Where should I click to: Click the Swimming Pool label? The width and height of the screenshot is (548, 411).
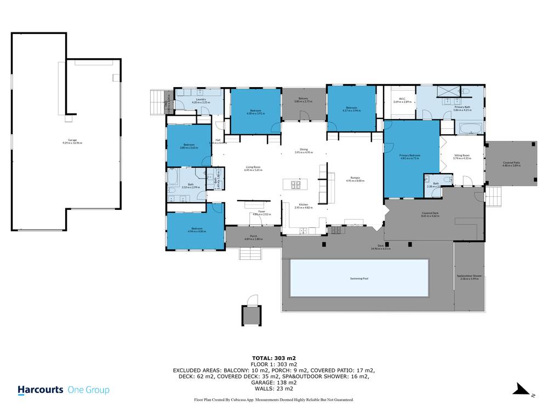click(359, 279)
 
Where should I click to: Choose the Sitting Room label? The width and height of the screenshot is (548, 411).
click(463, 156)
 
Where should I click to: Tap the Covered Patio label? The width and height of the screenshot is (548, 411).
click(512, 163)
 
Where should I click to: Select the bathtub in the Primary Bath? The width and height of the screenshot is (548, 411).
click(469, 129)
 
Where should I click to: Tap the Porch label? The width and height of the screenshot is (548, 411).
click(253, 237)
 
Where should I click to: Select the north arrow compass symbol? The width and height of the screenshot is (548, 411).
click(522, 389)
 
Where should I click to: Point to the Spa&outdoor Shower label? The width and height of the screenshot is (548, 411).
click(469, 277)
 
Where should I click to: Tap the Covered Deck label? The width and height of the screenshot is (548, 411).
click(430, 214)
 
